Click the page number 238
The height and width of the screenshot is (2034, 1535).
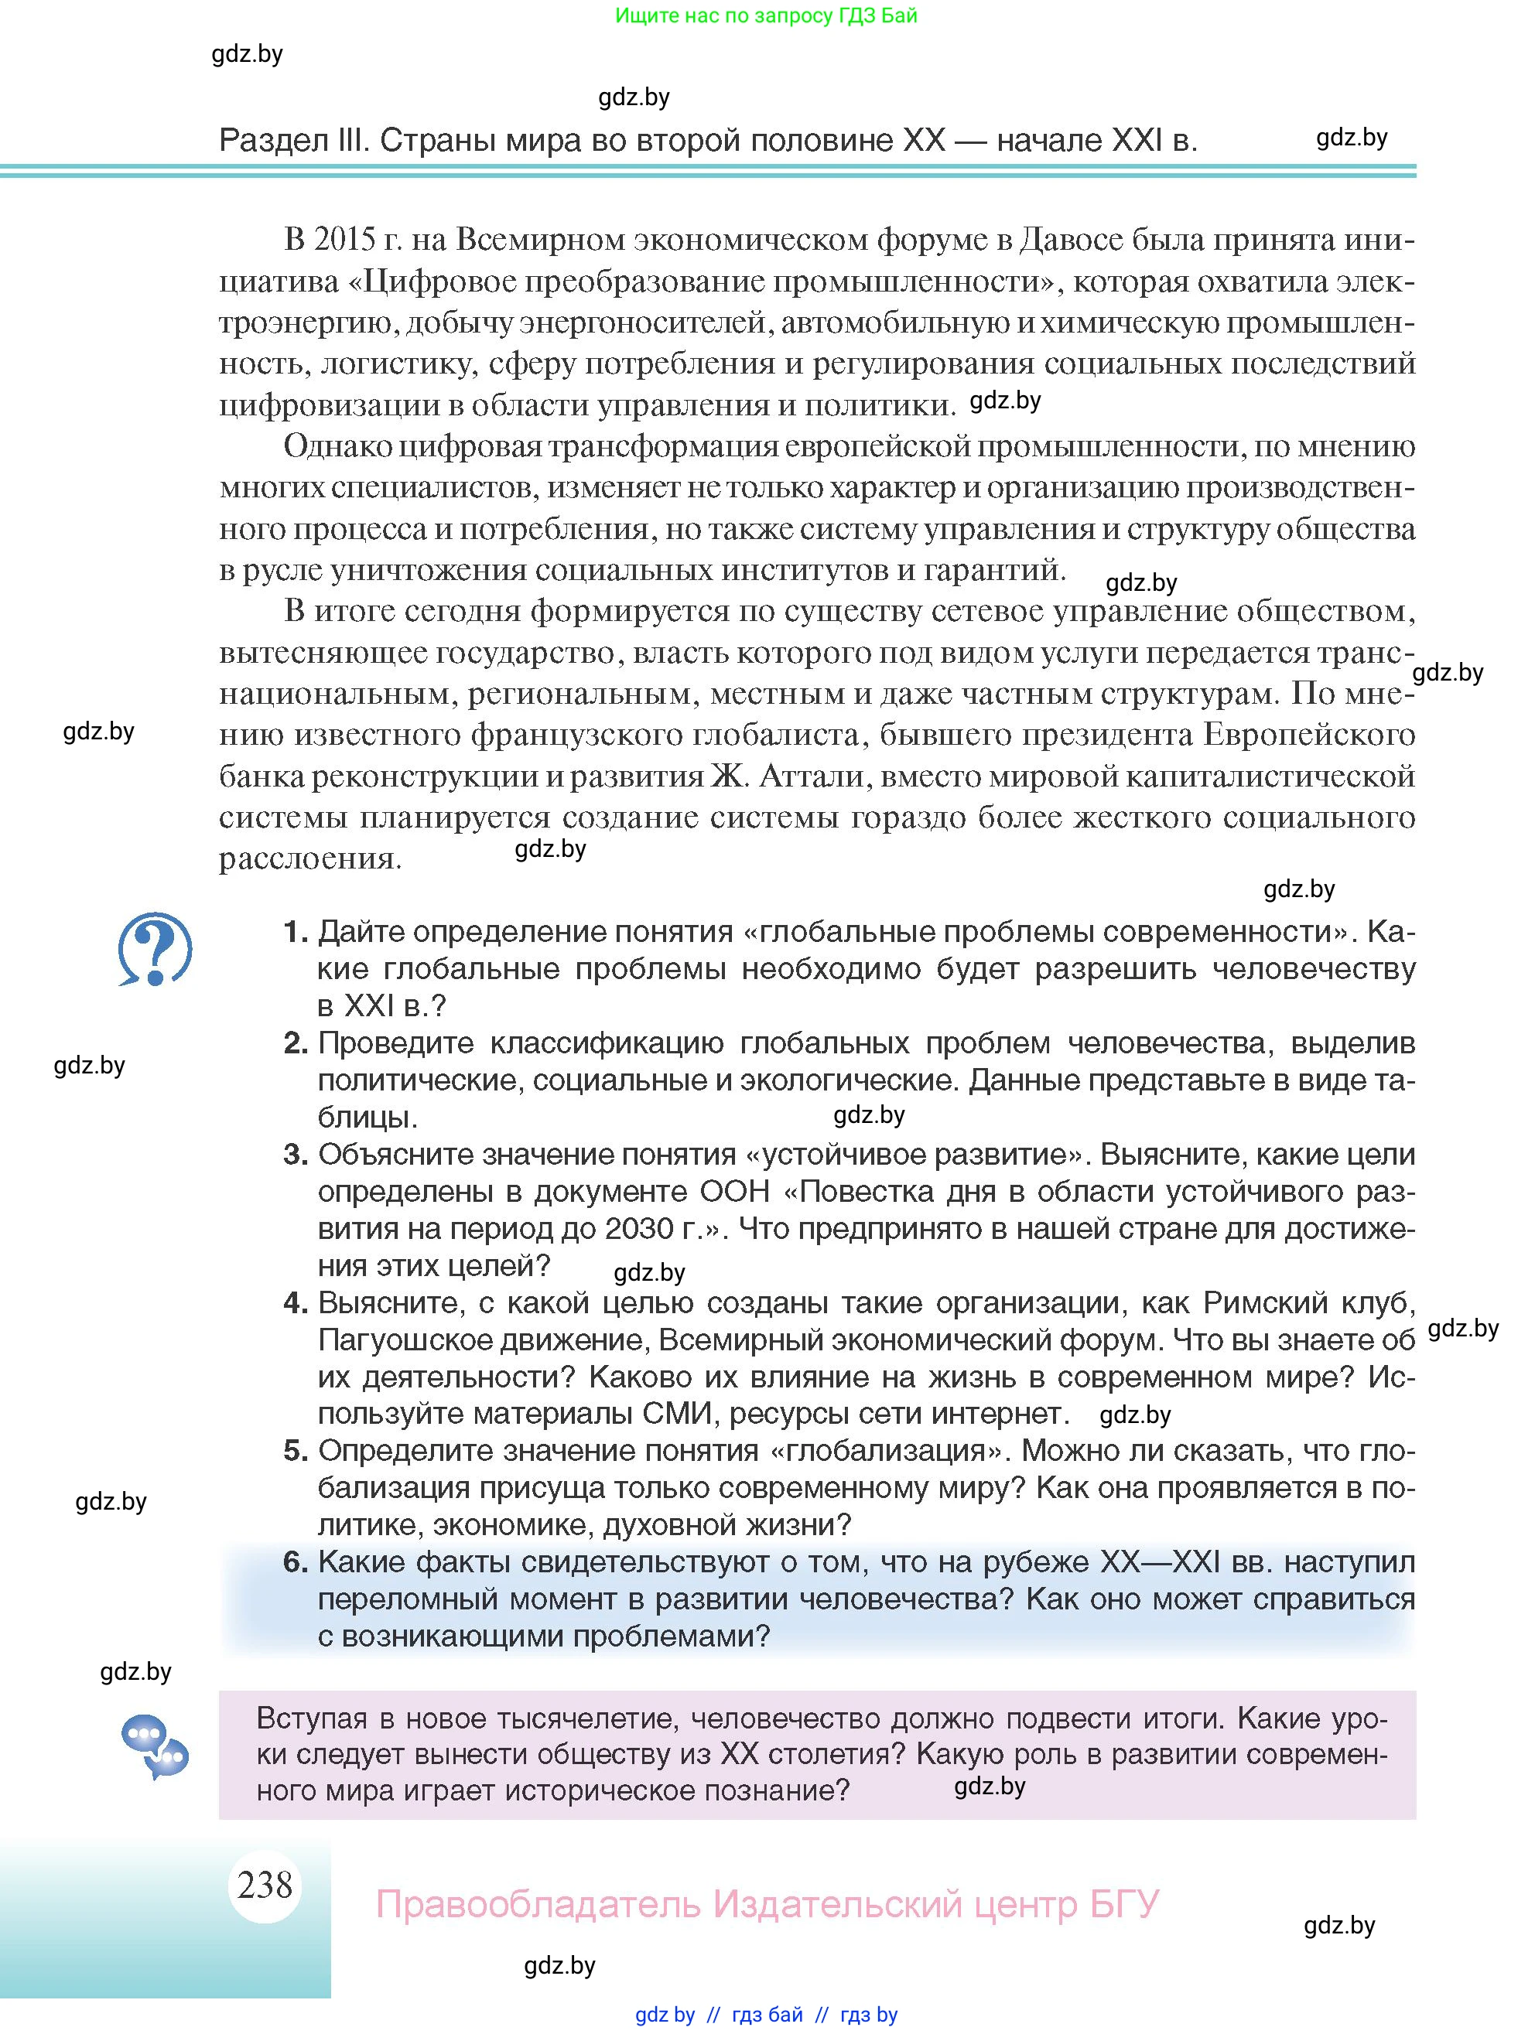(x=265, y=1884)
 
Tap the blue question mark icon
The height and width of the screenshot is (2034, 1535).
(x=155, y=948)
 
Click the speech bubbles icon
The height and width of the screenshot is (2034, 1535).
(x=155, y=1746)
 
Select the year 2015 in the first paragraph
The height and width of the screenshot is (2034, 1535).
(x=345, y=240)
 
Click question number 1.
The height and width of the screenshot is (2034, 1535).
(x=294, y=933)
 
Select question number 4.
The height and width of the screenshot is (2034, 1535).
(x=294, y=1303)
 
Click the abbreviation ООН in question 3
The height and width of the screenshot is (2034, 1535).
(x=735, y=1192)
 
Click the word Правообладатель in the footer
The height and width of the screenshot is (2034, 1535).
(x=539, y=1903)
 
